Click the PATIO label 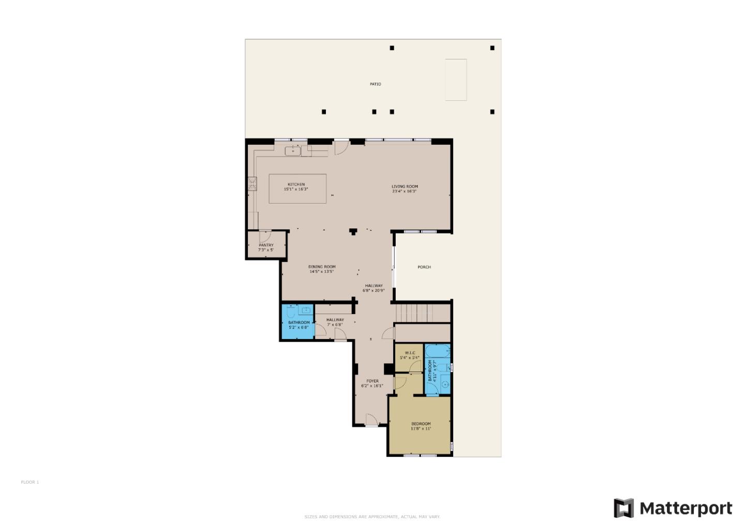(x=376, y=84)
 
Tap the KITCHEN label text (x=296, y=184)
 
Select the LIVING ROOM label (x=405, y=187)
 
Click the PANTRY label (x=266, y=245)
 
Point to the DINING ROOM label (x=322, y=267)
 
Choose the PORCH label (x=424, y=267)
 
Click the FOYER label (x=373, y=381)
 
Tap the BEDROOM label (x=421, y=424)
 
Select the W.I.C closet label (x=410, y=353)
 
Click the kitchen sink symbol (x=293, y=150)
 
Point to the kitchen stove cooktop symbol (x=252, y=184)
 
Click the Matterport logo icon (x=623, y=508)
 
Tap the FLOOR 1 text (x=30, y=482)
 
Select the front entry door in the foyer (x=371, y=420)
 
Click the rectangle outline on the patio (x=456, y=80)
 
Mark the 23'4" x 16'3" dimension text (x=405, y=191)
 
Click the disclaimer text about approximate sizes (x=373, y=516)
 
